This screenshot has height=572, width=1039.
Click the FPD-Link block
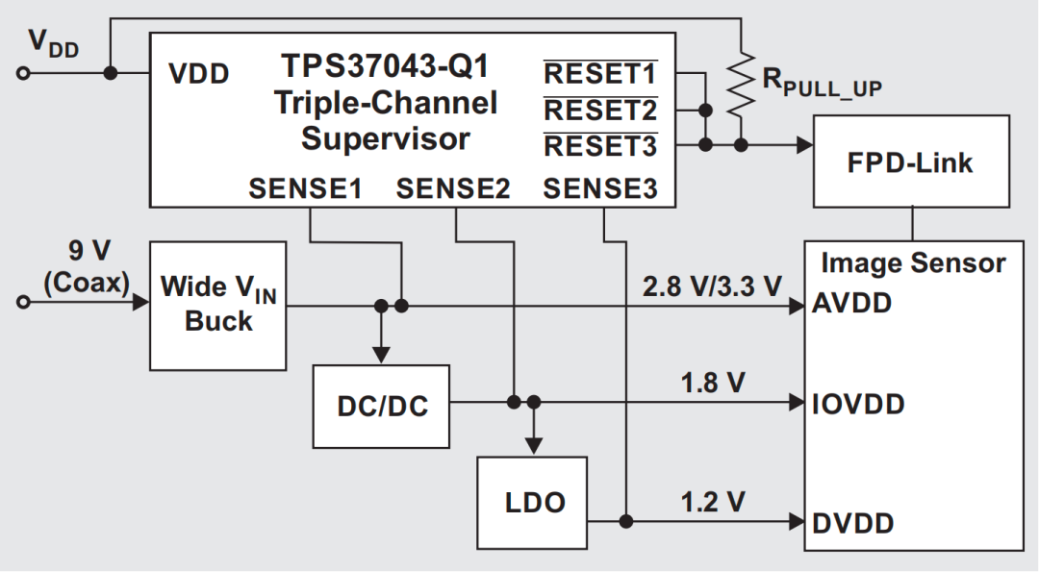click(x=910, y=162)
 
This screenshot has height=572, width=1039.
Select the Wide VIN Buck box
click(x=218, y=305)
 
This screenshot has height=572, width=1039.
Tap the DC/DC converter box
click(x=382, y=406)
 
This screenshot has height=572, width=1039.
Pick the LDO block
click(x=534, y=501)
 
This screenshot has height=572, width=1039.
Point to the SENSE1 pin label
click(x=305, y=189)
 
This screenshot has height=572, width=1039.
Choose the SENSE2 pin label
click(x=453, y=189)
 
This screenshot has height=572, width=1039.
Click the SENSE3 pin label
click(x=600, y=189)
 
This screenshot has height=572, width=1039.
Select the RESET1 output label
click(x=600, y=74)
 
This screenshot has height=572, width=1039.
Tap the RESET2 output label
click(x=600, y=111)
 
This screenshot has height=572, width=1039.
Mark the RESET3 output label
click(x=600, y=146)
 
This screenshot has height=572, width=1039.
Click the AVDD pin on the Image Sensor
click(x=852, y=304)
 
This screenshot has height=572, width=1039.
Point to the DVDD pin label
click(x=853, y=523)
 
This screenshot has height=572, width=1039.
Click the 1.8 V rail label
click(x=713, y=383)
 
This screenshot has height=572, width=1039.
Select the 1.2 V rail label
click(x=713, y=502)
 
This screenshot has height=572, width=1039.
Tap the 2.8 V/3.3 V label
click(x=713, y=286)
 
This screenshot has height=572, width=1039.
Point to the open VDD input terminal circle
click(x=25, y=73)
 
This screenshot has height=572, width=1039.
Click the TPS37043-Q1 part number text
click(x=385, y=66)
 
